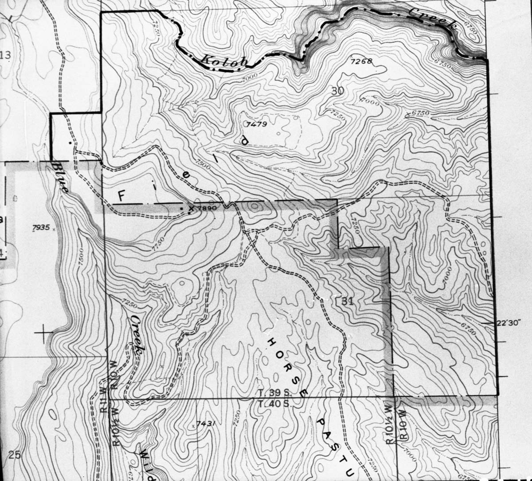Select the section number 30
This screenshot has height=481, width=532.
point(337,91)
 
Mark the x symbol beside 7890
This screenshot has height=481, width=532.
point(192,207)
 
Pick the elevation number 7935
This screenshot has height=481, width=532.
point(41,228)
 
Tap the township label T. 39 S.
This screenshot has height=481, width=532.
point(274,393)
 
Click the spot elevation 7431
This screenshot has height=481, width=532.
point(206,423)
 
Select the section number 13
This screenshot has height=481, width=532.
point(5,55)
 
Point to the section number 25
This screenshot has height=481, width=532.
point(15,454)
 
